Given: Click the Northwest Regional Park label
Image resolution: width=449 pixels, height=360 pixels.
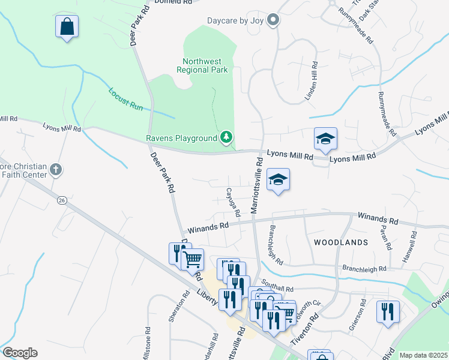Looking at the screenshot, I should click(x=202, y=65).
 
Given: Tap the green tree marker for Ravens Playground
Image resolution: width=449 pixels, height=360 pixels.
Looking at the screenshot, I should click(x=226, y=137).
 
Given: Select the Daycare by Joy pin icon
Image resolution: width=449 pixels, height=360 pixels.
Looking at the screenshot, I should click(x=273, y=20).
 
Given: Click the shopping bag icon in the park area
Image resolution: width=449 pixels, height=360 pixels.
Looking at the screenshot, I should click(x=67, y=27).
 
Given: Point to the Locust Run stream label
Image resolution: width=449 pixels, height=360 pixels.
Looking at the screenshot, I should click(x=126, y=99).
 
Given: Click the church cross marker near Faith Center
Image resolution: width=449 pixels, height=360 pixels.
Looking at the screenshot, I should click(x=56, y=170).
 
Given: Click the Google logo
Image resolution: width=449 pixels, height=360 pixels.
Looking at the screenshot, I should click(x=20, y=353).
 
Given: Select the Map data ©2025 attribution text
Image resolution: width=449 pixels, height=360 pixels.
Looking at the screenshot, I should click(x=423, y=355).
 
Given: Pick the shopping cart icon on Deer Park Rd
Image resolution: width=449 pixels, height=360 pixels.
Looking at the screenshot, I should click(x=192, y=259).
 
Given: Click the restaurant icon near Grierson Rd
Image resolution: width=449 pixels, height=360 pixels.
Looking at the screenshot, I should click(x=388, y=311).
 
